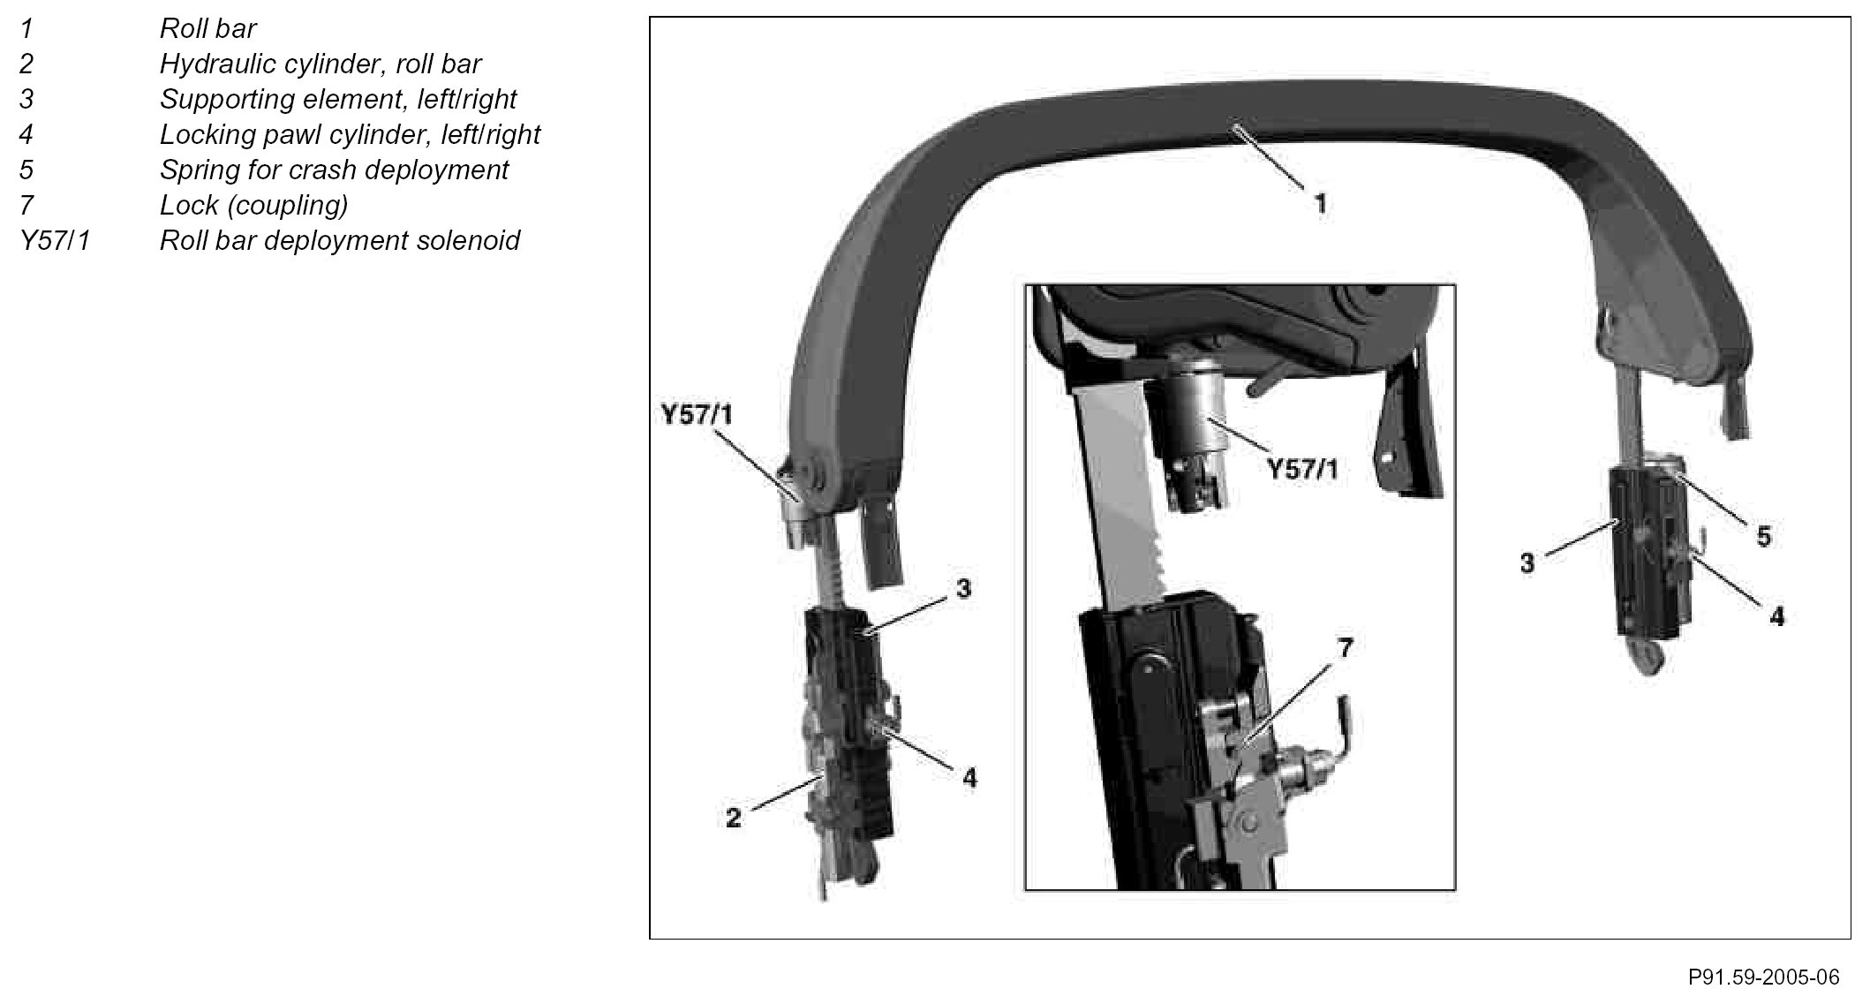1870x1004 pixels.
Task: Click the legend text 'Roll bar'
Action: pyautogui.click(x=207, y=29)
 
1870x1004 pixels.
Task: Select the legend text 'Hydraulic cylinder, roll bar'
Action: pyautogui.click(x=320, y=64)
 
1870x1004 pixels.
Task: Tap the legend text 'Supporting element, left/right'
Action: pyautogui.click(x=337, y=100)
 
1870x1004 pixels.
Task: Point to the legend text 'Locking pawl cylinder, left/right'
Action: pyautogui.click(x=350, y=135)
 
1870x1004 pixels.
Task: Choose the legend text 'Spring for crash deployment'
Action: pyautogui.click(x=334, y=170)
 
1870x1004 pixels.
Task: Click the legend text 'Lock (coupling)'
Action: pyautogui.click(x=253, y=206)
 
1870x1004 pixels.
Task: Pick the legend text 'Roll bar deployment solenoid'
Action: pyautogui.click(x=340, y=241)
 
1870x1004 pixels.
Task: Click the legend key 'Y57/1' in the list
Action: pyautogui.click(x=55, y=241)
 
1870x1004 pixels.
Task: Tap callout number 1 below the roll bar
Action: pyautogui.click(x=1320, y=204)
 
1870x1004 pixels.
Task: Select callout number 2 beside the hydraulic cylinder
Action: pyautogui.click(x=734, y=818)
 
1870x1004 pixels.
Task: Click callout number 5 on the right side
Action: pyautogui.click(x=1763, y=536)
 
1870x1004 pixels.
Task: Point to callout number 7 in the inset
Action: pyautogui.click(x=1344, y=648)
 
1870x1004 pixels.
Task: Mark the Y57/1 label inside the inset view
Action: pyautogui.click(x=1302, y=469)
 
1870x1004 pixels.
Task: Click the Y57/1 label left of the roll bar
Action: pyautogui.click(x=697, y=414)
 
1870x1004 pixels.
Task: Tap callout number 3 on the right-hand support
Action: pyautogui.click(x=1527, y=562)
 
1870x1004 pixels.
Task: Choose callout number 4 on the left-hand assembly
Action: pyautogui.click(x=969, y=777)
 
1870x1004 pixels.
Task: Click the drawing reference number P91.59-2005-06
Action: pyautogui.click(x=1763, y=978)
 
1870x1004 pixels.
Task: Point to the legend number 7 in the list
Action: pyautogui.click(x=26, y=206)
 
